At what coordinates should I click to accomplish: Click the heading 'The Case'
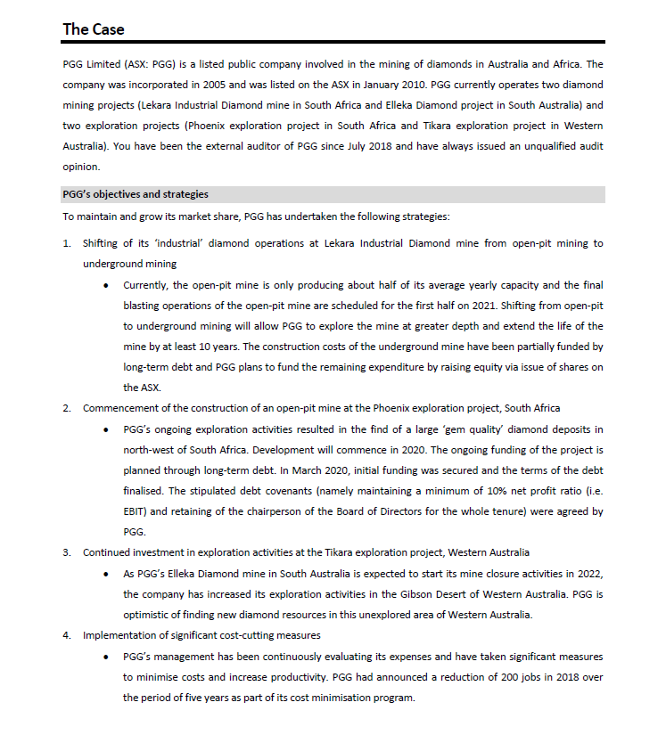click(94, 29)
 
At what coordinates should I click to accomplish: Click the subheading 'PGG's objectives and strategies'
click(136, 194)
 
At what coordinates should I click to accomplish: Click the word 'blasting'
click(143, 306)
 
